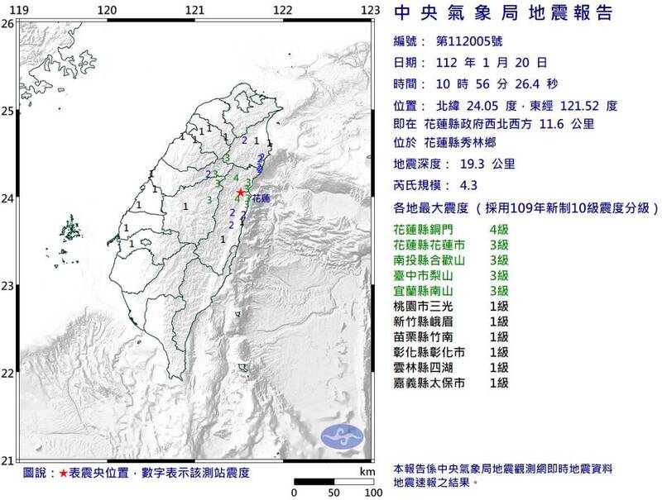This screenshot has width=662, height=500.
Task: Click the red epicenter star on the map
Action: coord(240,192)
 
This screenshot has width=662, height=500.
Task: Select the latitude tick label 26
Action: coord(7,24)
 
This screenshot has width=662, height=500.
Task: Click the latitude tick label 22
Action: coord(7,374)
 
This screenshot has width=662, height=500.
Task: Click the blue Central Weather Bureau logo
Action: coord(343,436)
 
